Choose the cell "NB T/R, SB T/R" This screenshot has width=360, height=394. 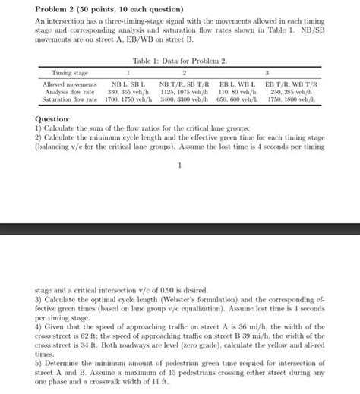pyautogui.click(x=185, y=82)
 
